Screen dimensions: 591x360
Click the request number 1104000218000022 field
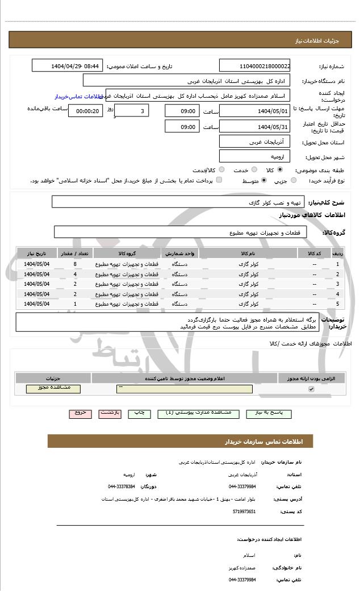(x=254, y=66)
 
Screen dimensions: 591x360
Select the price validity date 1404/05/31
(x=254, y=127)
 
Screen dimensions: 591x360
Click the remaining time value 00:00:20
(x=86, y=111)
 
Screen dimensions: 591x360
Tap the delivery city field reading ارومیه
(x=254, y=156)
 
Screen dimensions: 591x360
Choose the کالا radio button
(x=280, y=170)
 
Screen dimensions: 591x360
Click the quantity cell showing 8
(x=75, y=264)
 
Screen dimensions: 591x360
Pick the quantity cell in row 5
(x=75, y=303)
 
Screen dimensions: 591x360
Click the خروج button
(x=80, y=413)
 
